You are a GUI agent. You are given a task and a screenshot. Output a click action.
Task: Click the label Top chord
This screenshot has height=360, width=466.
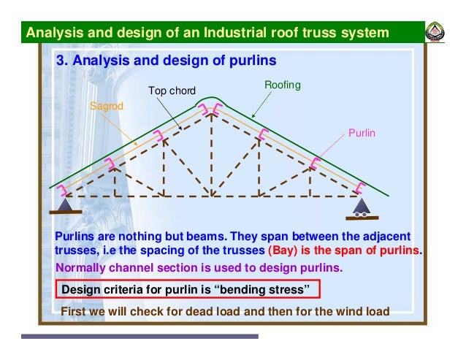[172, 91]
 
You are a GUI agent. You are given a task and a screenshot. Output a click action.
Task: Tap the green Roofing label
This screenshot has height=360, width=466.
[282, 85]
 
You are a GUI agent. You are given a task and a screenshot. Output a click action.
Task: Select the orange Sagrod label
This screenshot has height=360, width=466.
[107, 107]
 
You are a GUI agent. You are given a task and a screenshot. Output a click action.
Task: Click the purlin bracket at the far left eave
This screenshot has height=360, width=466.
[64, 189]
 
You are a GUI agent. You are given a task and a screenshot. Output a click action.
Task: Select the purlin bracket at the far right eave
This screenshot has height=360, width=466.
[361, 188]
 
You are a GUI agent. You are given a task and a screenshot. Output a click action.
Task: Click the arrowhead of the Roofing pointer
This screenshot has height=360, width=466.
[253, 117]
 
